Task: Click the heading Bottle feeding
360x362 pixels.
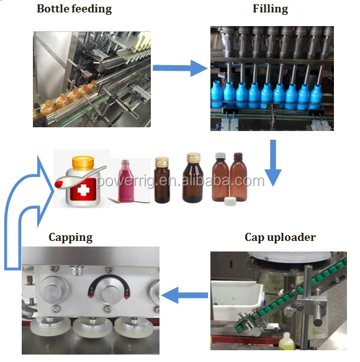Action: point(74,9)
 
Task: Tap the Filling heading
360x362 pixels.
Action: point(270,9)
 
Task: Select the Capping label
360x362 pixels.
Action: point(71,237)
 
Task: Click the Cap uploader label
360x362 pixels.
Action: point(280,237)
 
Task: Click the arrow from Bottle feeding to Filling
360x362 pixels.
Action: point(180,68)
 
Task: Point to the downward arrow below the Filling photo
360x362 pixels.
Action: point(273,163)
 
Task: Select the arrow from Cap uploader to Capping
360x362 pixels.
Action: point(184,296)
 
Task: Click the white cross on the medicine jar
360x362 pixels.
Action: point(82,190)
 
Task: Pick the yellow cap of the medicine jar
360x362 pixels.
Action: point(83,163)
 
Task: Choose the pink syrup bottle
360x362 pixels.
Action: point(126,181)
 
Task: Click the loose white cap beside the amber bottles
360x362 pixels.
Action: point(230,201)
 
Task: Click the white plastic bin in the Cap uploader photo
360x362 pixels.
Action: point(236,300)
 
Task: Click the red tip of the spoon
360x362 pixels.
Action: point(59,184)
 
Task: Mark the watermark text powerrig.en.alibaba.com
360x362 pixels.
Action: point(181,181)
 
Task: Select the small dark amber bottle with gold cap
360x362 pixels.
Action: point(161,180)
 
